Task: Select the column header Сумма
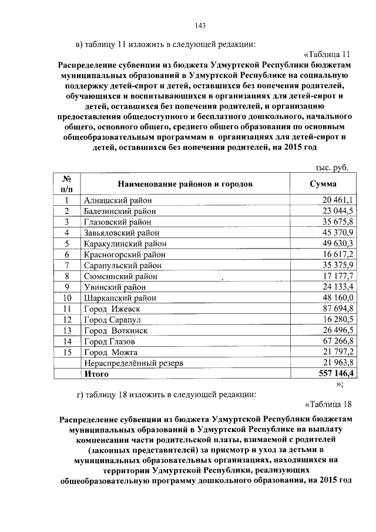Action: tap(323, 184)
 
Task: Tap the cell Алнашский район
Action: tap(117, 201)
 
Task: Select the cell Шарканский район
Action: tap(120, 298)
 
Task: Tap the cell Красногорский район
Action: tap(124, 255)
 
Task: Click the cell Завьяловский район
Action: tap(121, 233)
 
